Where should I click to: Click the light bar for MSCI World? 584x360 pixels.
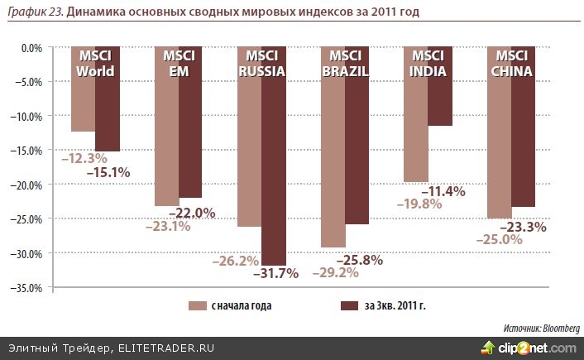[x=83, y=103]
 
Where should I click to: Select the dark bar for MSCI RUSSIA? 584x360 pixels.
[x=274, y=166]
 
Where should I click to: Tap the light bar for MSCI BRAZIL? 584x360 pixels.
[x=333, y=166]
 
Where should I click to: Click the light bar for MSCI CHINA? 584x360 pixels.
[x=499, y=149]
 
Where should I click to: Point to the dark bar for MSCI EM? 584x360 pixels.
[x=190, y=132]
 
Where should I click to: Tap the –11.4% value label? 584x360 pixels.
[x=445, y=191]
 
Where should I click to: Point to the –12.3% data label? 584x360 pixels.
[x=82, y=157]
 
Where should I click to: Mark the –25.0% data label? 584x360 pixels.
[x=497, y=239]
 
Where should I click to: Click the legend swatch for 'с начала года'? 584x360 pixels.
[x=198, y=306]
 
